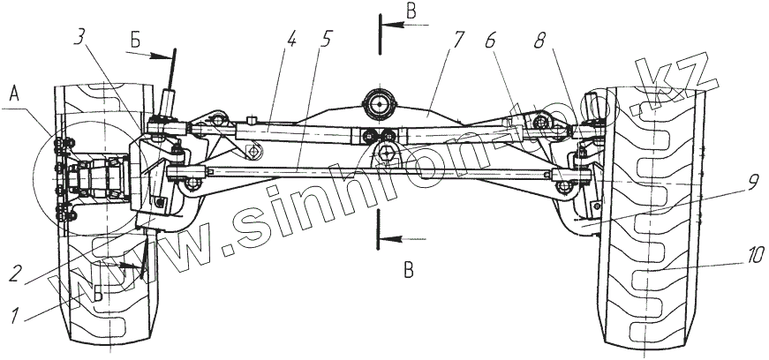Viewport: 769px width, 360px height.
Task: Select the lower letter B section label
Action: point(408,270)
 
